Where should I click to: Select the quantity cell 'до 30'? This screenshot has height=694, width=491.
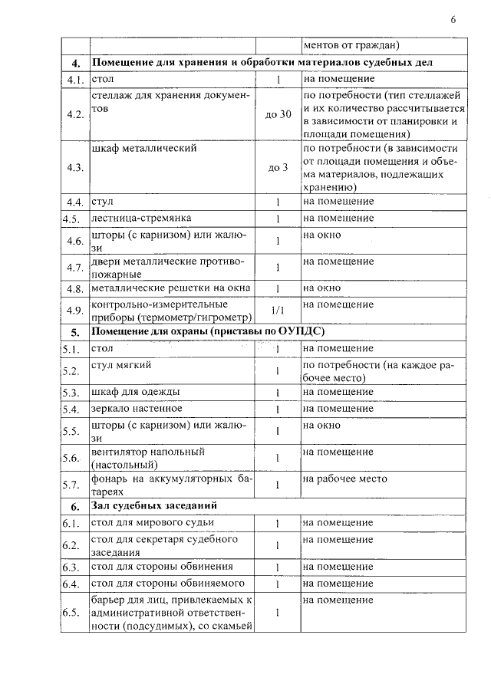click(278, 115)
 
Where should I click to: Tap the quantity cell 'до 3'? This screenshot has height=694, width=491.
click(278, 168)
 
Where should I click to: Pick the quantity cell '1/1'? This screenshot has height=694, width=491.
click(278, 311)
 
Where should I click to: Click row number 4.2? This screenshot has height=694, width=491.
click(74, 115)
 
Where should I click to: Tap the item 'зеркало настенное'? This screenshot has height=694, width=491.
click(137, 408)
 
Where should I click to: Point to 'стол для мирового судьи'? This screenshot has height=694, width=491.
click(153, 523)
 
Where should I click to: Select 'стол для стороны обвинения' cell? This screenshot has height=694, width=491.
click(162, 567)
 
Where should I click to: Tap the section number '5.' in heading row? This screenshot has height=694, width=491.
click(75, 333)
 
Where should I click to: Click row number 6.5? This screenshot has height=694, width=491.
click(71, 613)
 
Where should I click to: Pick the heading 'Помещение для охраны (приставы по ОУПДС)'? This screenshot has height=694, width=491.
click(208, 332)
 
